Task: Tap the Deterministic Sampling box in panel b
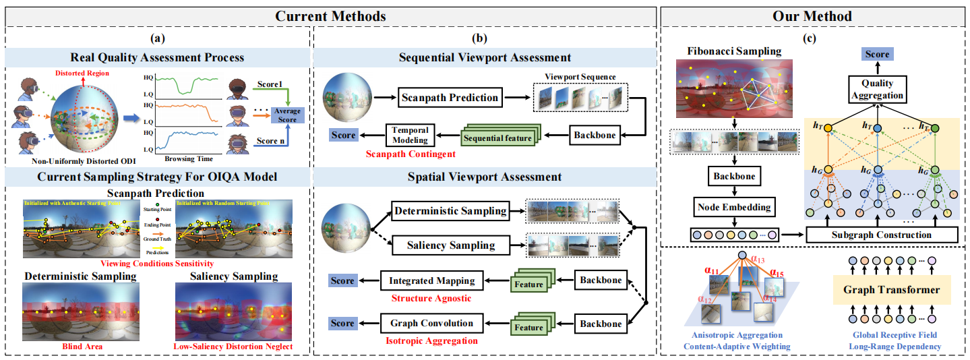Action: click(450, 211)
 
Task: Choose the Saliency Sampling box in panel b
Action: click(450, 245)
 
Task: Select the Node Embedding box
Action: click(734, 208)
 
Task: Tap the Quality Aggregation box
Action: click(877, 89)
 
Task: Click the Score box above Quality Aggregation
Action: click(877, 55)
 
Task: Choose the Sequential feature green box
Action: click(499, 138)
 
